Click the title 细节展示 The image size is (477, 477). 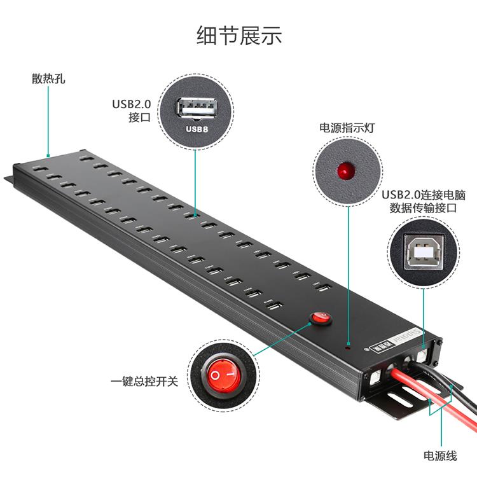(238, 35)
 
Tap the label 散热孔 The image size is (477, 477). (48, 80)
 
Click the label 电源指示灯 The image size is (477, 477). (347, 127)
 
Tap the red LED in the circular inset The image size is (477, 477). (345, 170)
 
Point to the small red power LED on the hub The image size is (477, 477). (347, 348)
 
